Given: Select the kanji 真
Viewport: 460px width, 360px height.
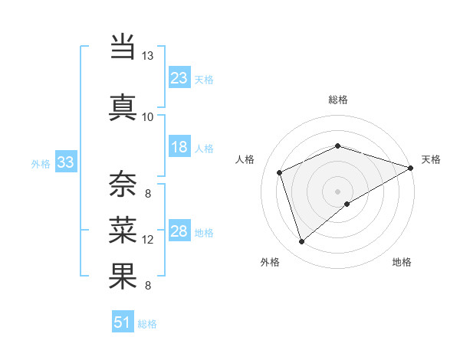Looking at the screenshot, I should point(123,106).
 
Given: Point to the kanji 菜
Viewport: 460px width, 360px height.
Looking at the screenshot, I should point(123,228).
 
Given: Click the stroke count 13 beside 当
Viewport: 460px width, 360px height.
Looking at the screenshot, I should point(147,56).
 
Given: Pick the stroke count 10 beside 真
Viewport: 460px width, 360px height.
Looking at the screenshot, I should point(147,116).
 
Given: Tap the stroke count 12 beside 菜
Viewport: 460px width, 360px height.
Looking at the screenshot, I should point(148,240).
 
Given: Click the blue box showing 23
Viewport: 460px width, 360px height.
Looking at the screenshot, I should point(179,77).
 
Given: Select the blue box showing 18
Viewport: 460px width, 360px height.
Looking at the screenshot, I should point(179,147).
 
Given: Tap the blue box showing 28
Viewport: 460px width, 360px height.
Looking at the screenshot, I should point(179,231).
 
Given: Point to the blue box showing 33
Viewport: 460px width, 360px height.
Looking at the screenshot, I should point(65,162).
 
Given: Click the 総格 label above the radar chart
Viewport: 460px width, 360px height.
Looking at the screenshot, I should point(338,100).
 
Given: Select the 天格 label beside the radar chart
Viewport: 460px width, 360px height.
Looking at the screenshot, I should point(431,159).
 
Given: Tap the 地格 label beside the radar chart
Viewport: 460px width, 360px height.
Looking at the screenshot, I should point(402,262).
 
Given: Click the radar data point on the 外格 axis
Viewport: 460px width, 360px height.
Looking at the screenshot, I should point(301,242).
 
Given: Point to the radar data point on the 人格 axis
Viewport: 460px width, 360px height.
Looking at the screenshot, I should point(280,172).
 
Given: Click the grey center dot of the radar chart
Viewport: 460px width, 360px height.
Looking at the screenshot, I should point(338,191).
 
